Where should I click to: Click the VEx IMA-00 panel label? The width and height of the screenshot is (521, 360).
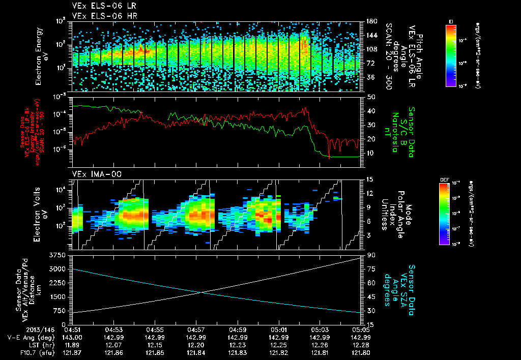(x=92, y=174)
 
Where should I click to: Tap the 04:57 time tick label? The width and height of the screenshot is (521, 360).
(x=196, y=329)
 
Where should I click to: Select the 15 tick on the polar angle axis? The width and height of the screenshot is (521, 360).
(x=370, y=179)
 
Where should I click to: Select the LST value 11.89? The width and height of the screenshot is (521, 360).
(x=74, y=345)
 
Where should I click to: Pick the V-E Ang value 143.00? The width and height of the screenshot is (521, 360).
(x=74, y=337)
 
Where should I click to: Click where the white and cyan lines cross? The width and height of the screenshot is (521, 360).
(x=202, y=292)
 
